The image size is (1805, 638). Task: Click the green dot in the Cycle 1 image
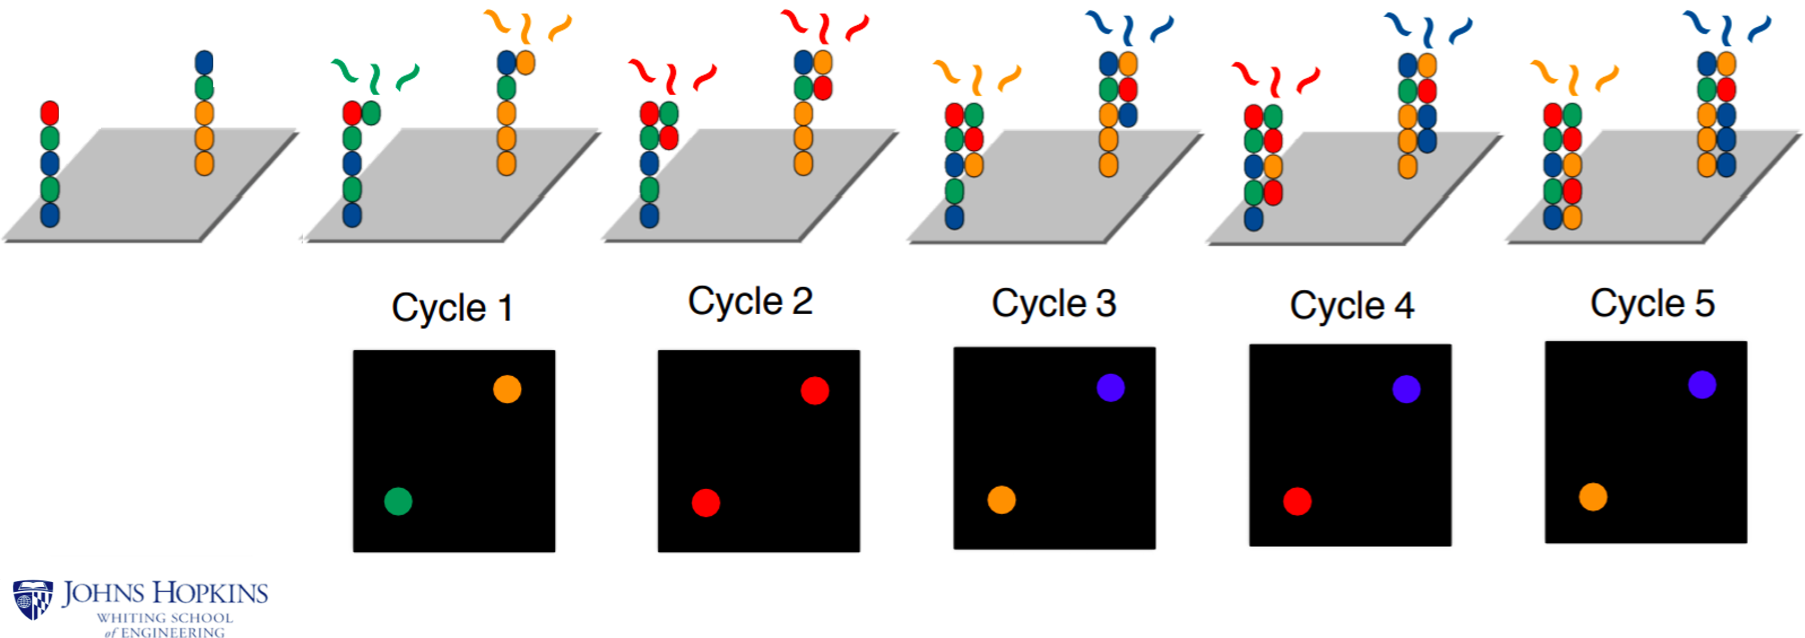tap(398, 502)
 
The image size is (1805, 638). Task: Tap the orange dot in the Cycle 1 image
tap(507, 389)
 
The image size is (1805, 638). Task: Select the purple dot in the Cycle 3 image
tap(1111, 387)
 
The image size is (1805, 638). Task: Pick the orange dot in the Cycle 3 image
tap(1001, 500)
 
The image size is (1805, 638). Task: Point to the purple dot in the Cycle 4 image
tap(1406, 389)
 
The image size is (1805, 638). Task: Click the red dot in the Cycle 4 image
tap(1297, 502)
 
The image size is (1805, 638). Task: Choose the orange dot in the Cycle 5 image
tap(1593, 497)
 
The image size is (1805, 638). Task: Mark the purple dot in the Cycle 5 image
tap(1702, 385)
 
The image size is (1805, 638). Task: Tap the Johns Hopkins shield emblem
tap(32, 599)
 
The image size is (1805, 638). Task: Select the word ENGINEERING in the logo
tap(172, 632)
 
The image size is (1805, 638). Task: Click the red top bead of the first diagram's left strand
tap(49, 113)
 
